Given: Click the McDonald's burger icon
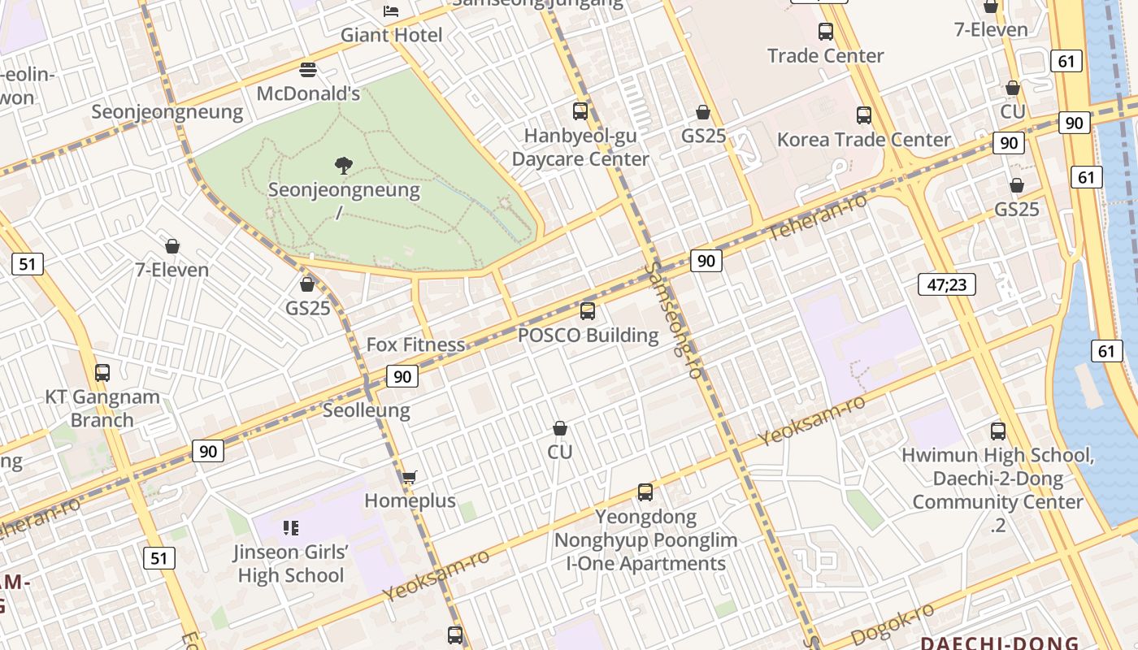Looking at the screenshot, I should click(x=307, y=70).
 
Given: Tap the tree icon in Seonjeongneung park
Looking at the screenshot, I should click(x=344, y=166).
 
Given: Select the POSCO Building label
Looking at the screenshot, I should click(x=588, y=335).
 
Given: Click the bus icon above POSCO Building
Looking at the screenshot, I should click(x=588, y=310).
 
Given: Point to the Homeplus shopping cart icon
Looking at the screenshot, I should click(x=410, y=477).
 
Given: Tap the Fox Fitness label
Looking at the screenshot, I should click(x=415, y=344).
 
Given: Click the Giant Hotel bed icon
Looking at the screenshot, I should click(x=391, y=11).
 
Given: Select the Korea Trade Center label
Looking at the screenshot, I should click(x=863, y=140).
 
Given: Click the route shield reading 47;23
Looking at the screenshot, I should click(x=946, y=284).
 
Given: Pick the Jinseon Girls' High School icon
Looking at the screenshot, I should click(x=291, y=528).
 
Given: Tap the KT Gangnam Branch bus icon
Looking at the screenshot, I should click(x=102, y=373).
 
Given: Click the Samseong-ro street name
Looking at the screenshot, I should click(x=674, y=319).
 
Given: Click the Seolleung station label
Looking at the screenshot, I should click(x=367, y=410).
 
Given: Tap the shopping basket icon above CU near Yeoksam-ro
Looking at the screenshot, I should click(x=560, y=428).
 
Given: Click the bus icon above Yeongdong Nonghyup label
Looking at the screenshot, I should click(x=645, y=492).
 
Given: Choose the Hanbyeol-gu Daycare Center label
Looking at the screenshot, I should click(x=580, y=147).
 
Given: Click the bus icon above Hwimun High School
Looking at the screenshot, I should click(x=997, y=431).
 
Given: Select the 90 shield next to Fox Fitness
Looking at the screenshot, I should click(x=402, y=376).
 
